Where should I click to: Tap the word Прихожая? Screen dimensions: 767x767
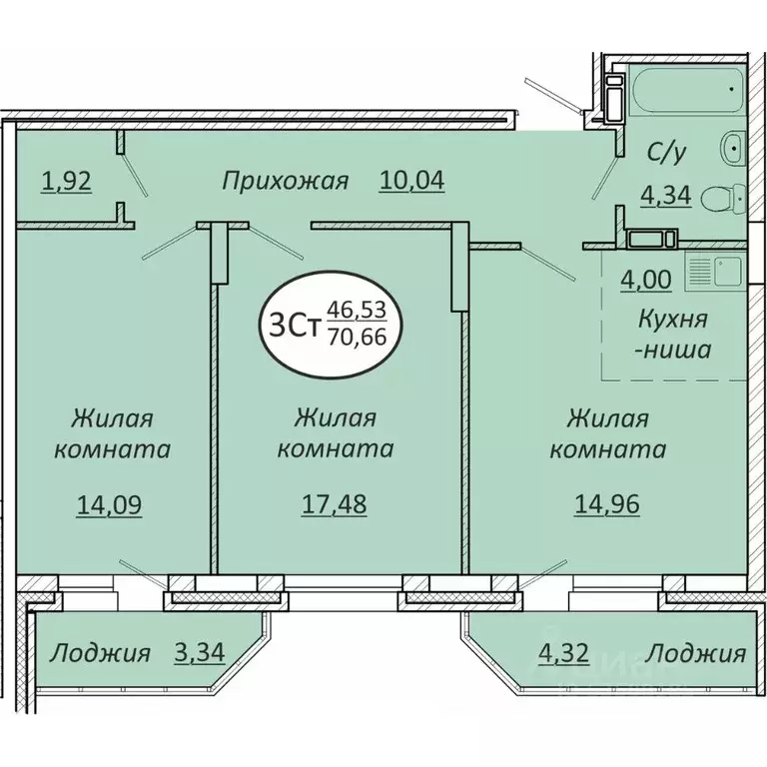(x=285, y=181)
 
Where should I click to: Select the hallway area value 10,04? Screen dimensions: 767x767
(x=410, y=181)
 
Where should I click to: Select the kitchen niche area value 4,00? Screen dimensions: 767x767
(x=646, y=280)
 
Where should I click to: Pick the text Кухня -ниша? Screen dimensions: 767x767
(x=673, y=336)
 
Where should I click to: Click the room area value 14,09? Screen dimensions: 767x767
(x=110, y=505)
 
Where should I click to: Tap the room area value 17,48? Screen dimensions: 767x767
(x=335, y=505)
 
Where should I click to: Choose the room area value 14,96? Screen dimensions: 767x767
(x=606, y=505)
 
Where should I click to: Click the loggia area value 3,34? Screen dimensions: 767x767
(x=199, y=654)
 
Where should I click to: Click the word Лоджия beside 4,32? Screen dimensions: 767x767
(x=696, y=654)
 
